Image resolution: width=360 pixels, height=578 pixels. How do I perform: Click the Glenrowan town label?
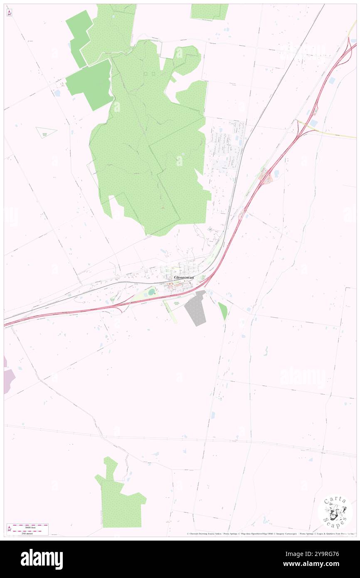click(183, 277)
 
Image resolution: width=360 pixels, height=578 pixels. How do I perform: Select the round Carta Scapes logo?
click(335, 511)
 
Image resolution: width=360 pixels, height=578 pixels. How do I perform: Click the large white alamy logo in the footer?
click(42, 559)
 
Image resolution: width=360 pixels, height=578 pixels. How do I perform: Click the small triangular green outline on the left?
click(45, 132)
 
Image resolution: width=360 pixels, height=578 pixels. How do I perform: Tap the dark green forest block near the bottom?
click(118, 499)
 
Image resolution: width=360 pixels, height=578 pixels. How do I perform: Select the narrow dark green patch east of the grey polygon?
click(223, 311)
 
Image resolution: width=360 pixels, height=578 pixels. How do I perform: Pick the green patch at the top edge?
click(209, 12)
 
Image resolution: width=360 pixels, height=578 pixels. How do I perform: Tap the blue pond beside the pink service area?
click(275, 173)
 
